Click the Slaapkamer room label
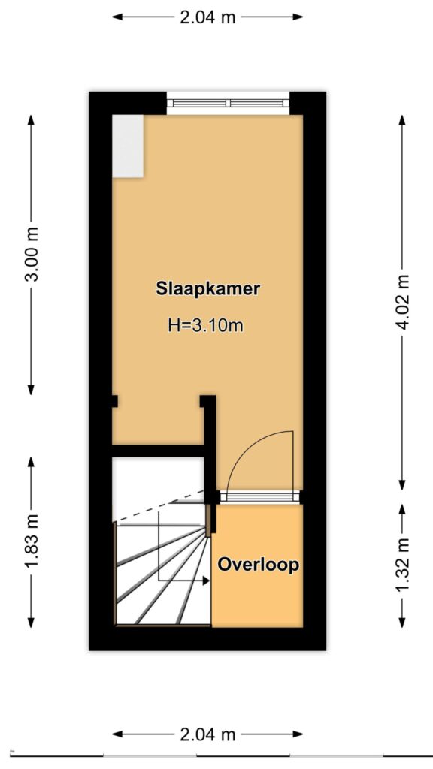207,288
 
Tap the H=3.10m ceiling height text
206,324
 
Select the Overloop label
259,565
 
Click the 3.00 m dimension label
32,255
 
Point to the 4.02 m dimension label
402,302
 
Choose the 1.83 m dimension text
32,542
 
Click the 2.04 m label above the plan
207,17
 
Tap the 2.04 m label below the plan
207,734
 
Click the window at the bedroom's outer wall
228,103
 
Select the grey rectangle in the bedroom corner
128,146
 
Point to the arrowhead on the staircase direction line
205,581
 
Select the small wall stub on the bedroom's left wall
115,401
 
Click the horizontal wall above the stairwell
158,451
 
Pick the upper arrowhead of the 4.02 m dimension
402,121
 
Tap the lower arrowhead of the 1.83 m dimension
32,622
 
